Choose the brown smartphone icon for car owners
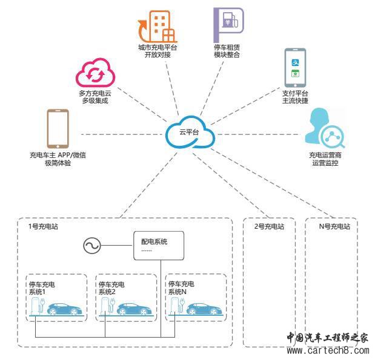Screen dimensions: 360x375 click(57, 128)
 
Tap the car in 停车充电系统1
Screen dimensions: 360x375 click(64, 308)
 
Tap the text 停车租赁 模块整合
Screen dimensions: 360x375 click(227, 51)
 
